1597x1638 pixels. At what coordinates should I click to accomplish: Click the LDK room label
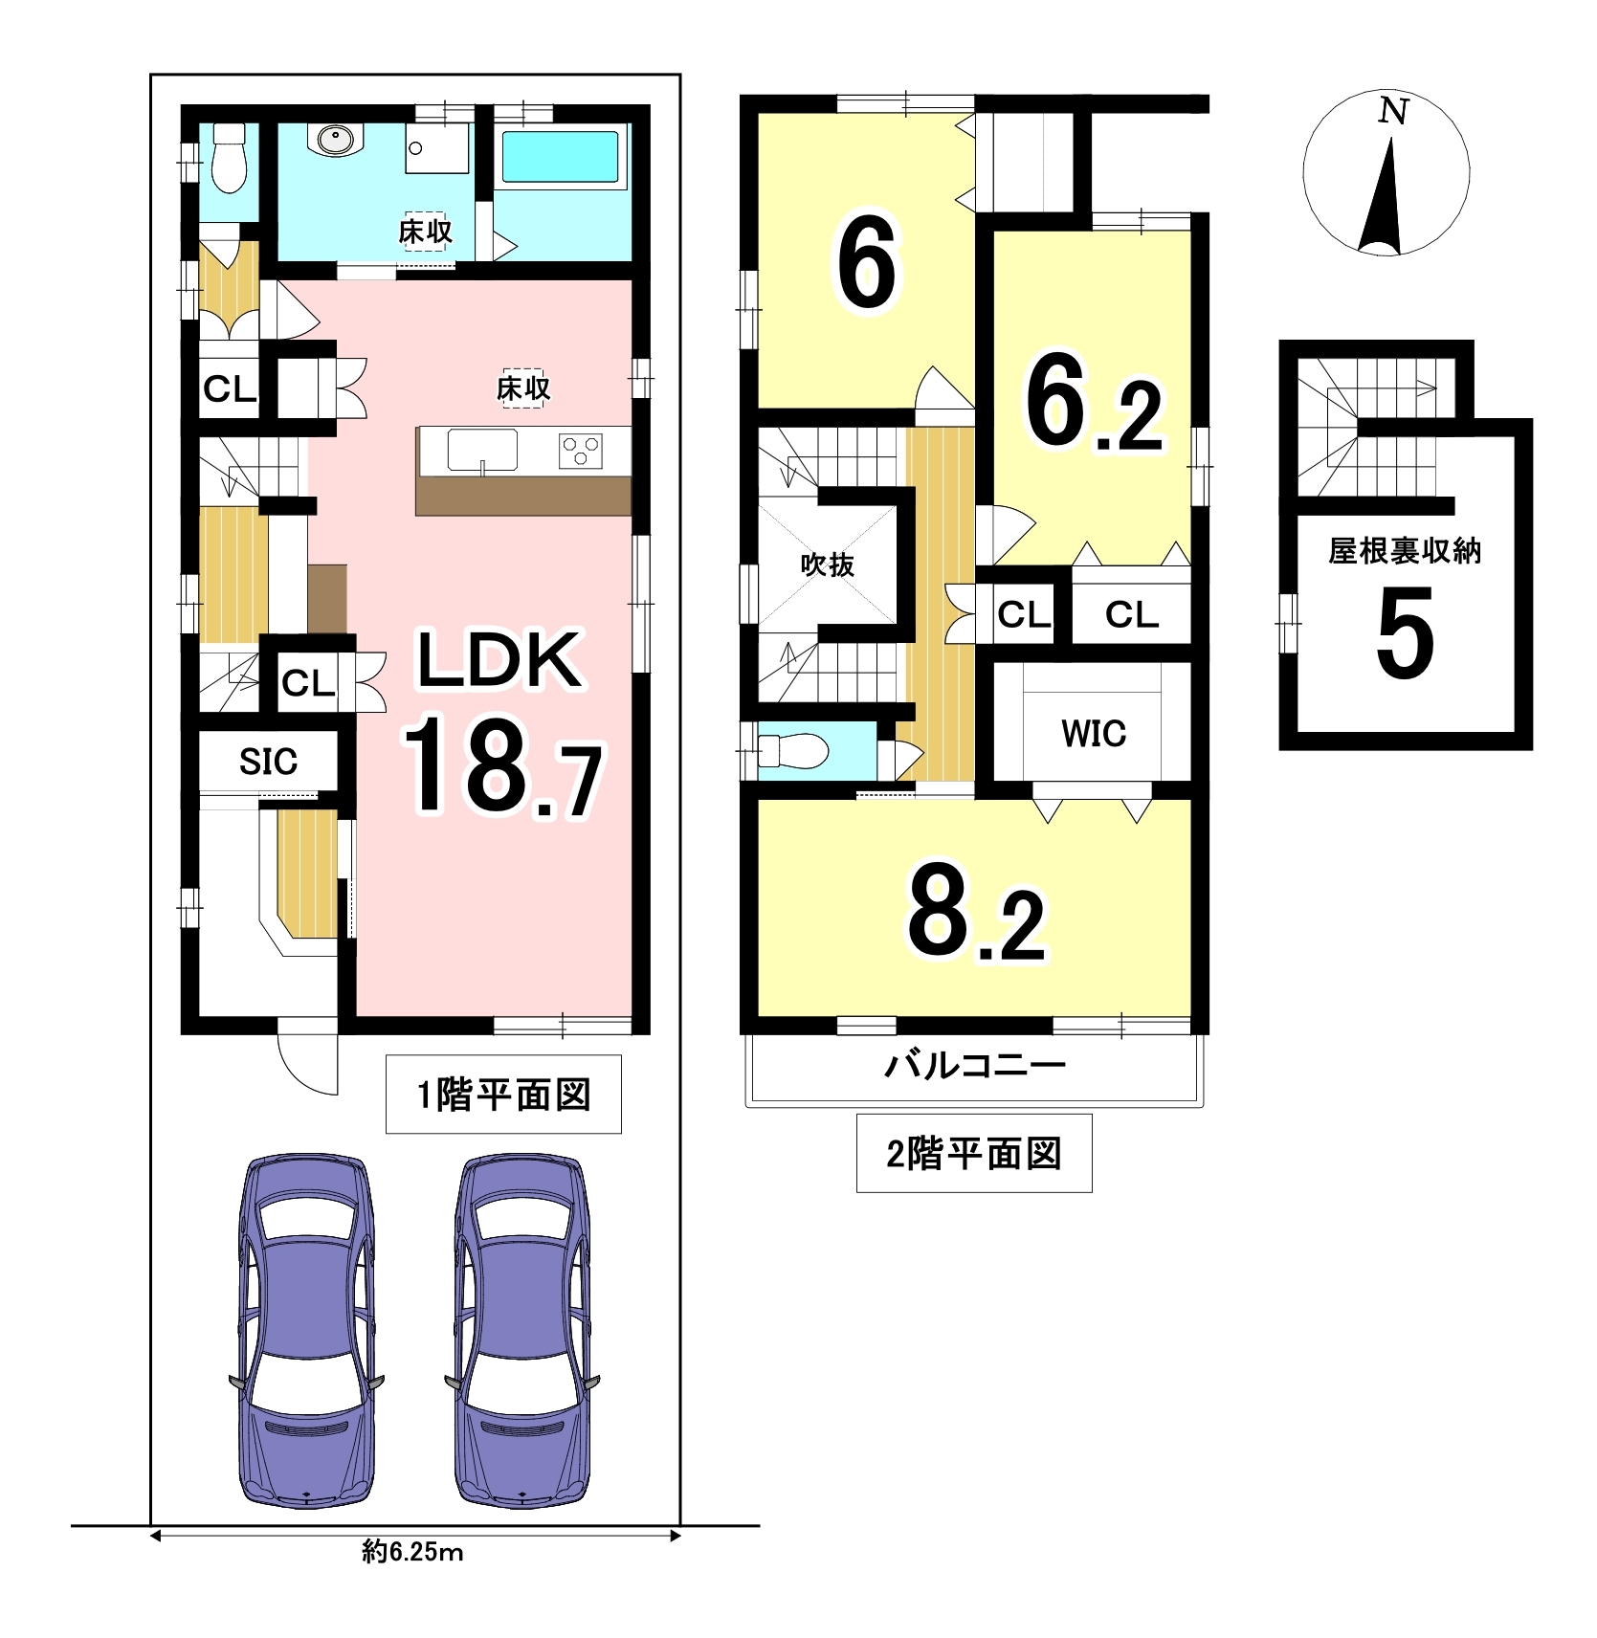pyautogui.click(x=499, y=659)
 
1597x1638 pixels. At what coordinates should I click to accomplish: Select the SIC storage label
pyautogui.click(x=268, y=762)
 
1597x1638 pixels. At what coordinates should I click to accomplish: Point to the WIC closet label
pyautogui.click(x=1094, y=734)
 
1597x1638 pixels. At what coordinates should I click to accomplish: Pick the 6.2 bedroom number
pyautogui.click(x=1094, y=403)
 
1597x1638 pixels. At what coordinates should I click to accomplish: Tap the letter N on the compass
pyautogui.click(x=1393, y=112)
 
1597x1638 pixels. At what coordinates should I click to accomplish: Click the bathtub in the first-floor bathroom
pyautogui.click(x=560, y=157)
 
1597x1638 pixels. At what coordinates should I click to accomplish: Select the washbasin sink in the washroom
pyautogui.click(x=336, y=140)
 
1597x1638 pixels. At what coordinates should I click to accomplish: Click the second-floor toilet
pyautogui.click(x=792, y=750)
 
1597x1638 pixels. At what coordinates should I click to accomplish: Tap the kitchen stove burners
pyautogui.click(x=580, y=451)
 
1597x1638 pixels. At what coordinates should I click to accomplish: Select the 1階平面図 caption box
pyautogui.click(x=503, y=1095)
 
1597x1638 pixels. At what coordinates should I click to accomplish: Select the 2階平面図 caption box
pyautogui.click(x=974, y=1153)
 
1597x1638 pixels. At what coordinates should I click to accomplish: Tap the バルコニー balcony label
pyautogui.click(x=975, y=1064)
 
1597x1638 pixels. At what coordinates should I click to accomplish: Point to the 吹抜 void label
pyautogui.click(x=828, y=564)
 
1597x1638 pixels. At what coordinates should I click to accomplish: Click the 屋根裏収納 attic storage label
pyautogui.click(x=1405, y=550)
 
